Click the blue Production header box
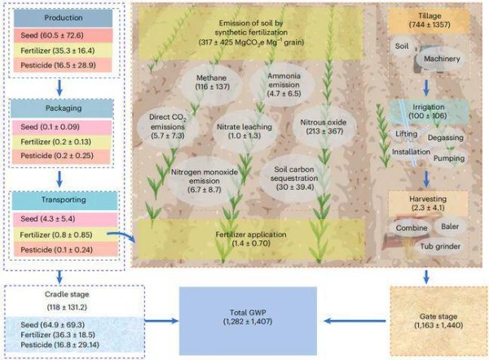pos(63,18)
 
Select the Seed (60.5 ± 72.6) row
pos(63,35)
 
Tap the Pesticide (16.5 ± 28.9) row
pos(63,65)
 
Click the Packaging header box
pos(62,108)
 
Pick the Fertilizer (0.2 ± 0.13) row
pos(61,143)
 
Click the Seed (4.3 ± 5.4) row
pos(65,219)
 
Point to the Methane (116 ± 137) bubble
pos(211,82)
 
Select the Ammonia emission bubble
pos(283,85)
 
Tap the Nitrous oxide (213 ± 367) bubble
pos(324,127)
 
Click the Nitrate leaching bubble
pos(244,131)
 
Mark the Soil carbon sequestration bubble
pos(293,178)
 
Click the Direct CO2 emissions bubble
pos(168,126)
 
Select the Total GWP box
pos(248,321)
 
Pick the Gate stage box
pos(438,321)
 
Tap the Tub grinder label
pos(440,247)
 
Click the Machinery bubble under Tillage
pos(442,59)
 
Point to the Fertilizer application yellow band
pos(251,239)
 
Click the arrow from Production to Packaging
pos(59,88)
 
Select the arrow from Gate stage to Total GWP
pos(355,321)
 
